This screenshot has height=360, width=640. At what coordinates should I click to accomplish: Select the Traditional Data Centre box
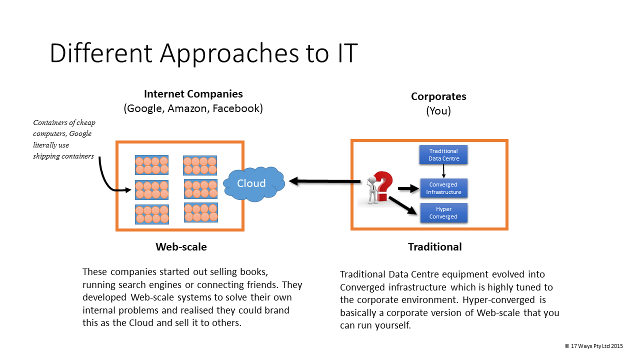click(443, 155)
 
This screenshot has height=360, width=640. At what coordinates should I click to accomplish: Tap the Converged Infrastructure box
click(443, 188)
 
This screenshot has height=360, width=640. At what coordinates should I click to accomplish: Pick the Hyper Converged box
click(443, 213)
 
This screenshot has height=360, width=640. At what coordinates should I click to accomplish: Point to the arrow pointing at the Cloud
click(325, 181)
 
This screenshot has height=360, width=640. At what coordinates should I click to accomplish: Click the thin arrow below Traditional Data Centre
click(443, 171)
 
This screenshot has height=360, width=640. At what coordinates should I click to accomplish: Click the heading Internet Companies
click(193, 94)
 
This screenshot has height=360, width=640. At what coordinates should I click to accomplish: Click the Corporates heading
click(438, 96)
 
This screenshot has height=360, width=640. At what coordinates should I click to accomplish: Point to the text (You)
click(438, 111)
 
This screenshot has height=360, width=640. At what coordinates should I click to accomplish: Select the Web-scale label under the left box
click(181, 246)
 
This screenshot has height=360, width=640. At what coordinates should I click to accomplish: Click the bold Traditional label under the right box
click(435, 246)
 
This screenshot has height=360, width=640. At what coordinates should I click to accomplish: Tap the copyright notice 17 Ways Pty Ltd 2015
click(594, 345)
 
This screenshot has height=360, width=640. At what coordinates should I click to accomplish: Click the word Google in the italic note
click(80, 133)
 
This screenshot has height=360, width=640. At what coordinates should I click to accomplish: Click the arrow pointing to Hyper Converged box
click(402, 205)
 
